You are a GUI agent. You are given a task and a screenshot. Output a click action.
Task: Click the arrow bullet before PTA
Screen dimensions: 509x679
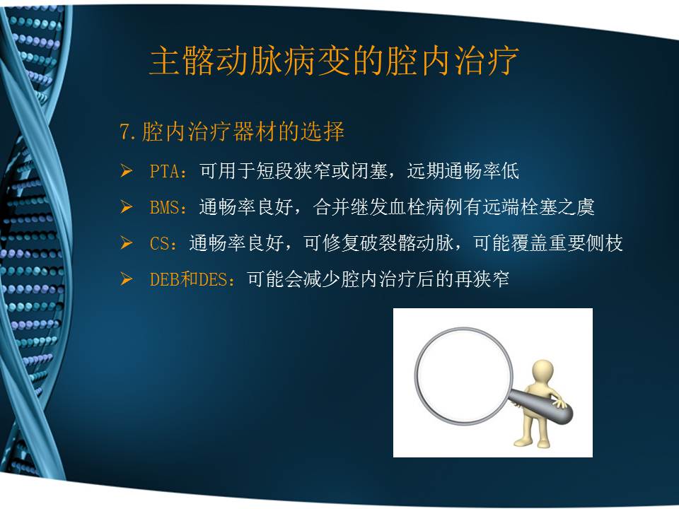127,171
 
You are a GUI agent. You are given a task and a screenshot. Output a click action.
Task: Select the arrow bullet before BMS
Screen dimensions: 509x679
127,207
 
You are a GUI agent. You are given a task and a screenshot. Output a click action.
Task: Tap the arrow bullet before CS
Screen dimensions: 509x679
127,244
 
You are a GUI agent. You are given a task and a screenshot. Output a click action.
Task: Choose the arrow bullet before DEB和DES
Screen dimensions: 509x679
127,280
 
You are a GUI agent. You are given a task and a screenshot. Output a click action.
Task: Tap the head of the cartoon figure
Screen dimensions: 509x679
542,370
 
